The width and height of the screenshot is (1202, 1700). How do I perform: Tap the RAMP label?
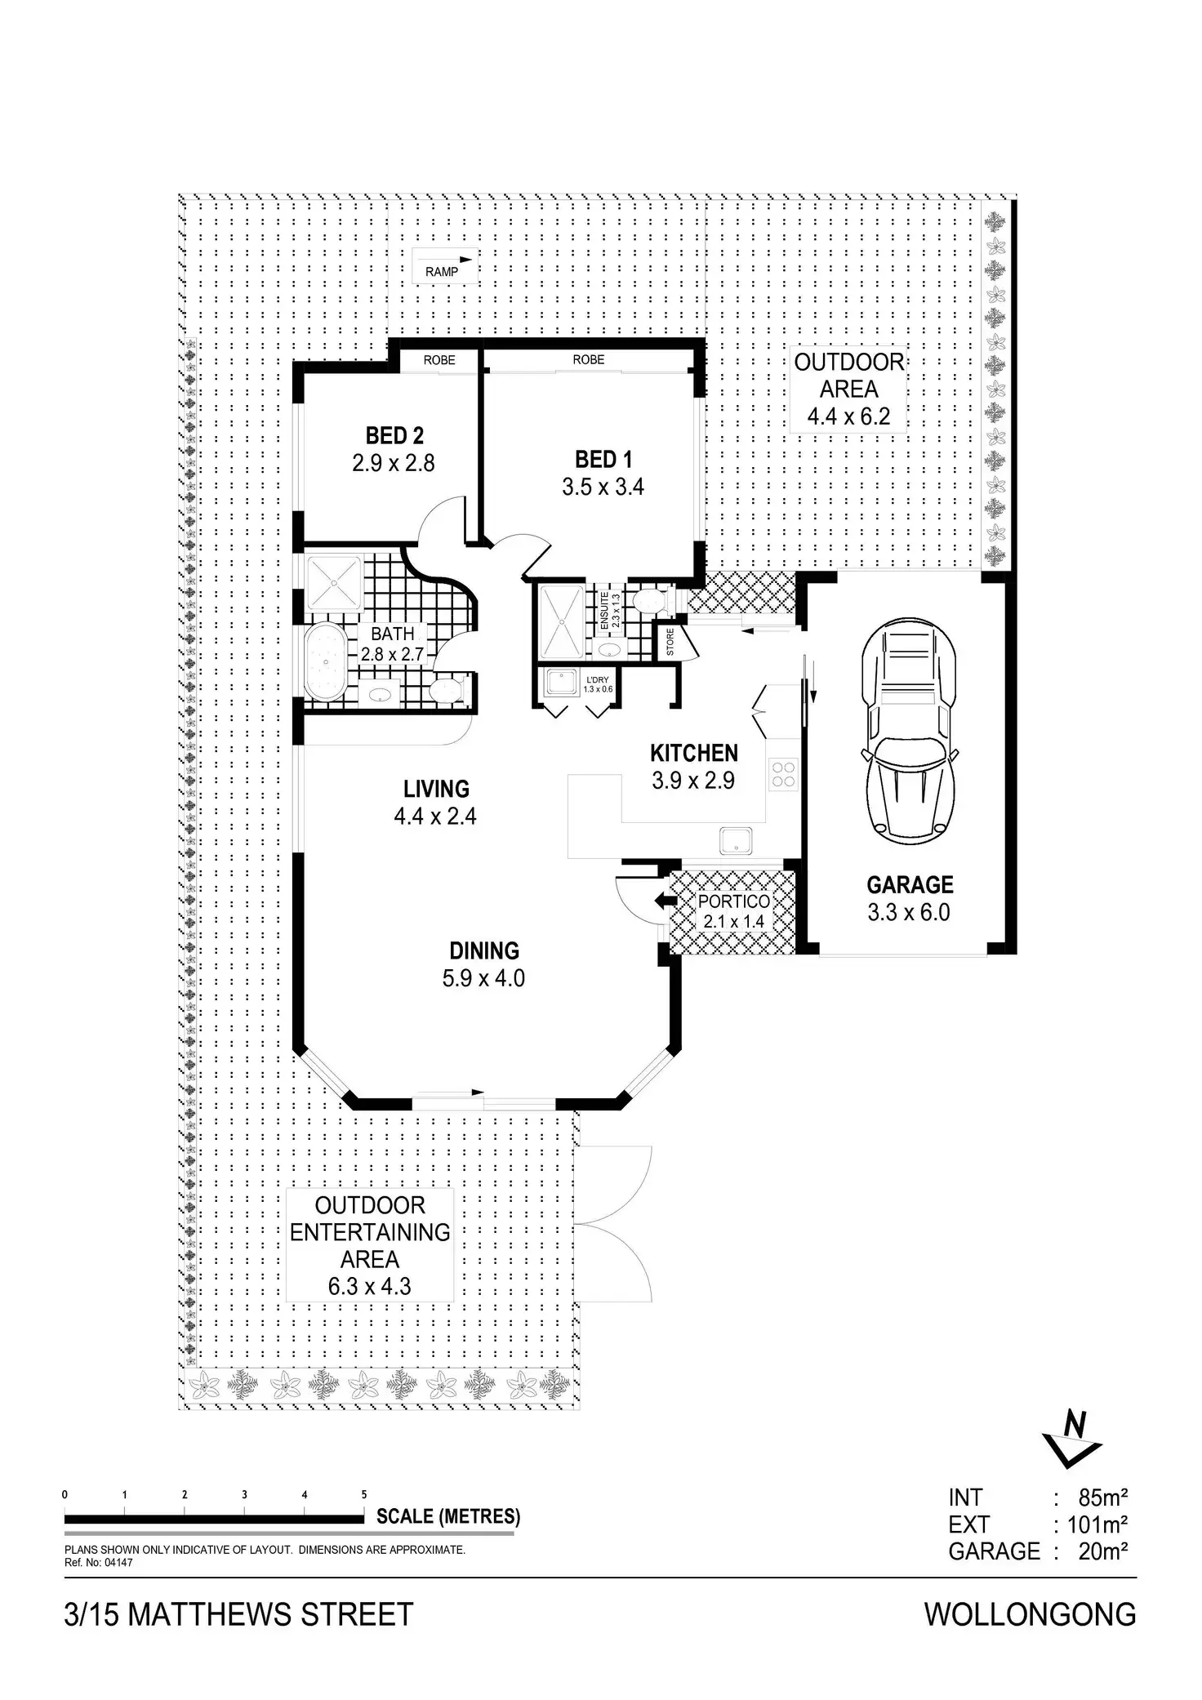tap(442, 272)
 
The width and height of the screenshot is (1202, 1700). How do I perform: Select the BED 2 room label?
tap(394, 435)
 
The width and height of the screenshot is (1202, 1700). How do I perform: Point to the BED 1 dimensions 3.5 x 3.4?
tap(603, 487)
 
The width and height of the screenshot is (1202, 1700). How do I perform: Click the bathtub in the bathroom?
tap(328, 661)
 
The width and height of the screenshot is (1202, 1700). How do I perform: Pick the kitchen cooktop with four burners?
tap(783, 773)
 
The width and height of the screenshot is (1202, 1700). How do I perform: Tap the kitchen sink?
tap(736, 839)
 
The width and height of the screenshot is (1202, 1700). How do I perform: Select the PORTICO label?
tap(733, 901)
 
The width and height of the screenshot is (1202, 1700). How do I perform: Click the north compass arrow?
tap(1072, 1446)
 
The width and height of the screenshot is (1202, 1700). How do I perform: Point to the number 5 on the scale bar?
tap(364, 1494)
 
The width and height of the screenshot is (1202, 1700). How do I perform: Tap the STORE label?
tap(670, 642)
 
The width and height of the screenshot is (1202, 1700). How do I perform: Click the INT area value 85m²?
tap(1103, 1498)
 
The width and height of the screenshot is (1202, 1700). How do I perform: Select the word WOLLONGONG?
tap(1030, 1614)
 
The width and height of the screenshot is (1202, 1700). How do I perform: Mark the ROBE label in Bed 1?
tap(588, 359)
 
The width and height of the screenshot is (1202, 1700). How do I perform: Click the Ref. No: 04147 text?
tap(98, 1563)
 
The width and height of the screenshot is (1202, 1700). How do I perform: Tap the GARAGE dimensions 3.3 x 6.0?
tap(909, 912)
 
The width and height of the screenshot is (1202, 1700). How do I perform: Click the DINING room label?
tap(484, 950)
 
